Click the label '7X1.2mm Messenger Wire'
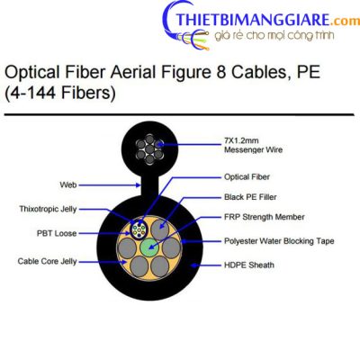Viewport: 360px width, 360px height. click(x=253, y=145)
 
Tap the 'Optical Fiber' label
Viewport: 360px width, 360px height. click(x=247, y=177)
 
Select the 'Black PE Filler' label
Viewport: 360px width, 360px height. click(x=250, y=197)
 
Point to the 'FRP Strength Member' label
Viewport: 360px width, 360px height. click(x=264, y=217)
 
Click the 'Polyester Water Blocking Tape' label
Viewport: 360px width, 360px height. click(x=279, y=241)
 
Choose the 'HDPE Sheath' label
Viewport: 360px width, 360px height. click(x=249, y=265)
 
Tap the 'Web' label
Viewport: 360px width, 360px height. click(x=68, y=185)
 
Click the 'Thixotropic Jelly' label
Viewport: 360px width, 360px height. click(x=48, y=209)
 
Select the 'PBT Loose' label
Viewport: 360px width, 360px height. click(x=57, y=233)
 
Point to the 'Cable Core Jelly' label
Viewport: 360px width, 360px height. click(x=48, y=261)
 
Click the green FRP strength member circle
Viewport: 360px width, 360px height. click(x=149, y=247)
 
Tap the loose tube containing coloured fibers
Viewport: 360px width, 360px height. click(x=139, y=230)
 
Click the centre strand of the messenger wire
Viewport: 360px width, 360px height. click(x=149, y=148)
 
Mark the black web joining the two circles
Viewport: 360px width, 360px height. click(x=149, y=185)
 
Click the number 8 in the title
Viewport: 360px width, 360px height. click(x=220, y=72)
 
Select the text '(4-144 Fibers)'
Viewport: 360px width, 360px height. click(x=60, y=93)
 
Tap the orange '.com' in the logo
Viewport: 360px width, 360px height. click(x=346, y=22)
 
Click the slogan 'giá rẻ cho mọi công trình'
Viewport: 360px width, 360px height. click(x=274, y=35)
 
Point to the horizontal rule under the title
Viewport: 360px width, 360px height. click(x=179, y=114)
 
